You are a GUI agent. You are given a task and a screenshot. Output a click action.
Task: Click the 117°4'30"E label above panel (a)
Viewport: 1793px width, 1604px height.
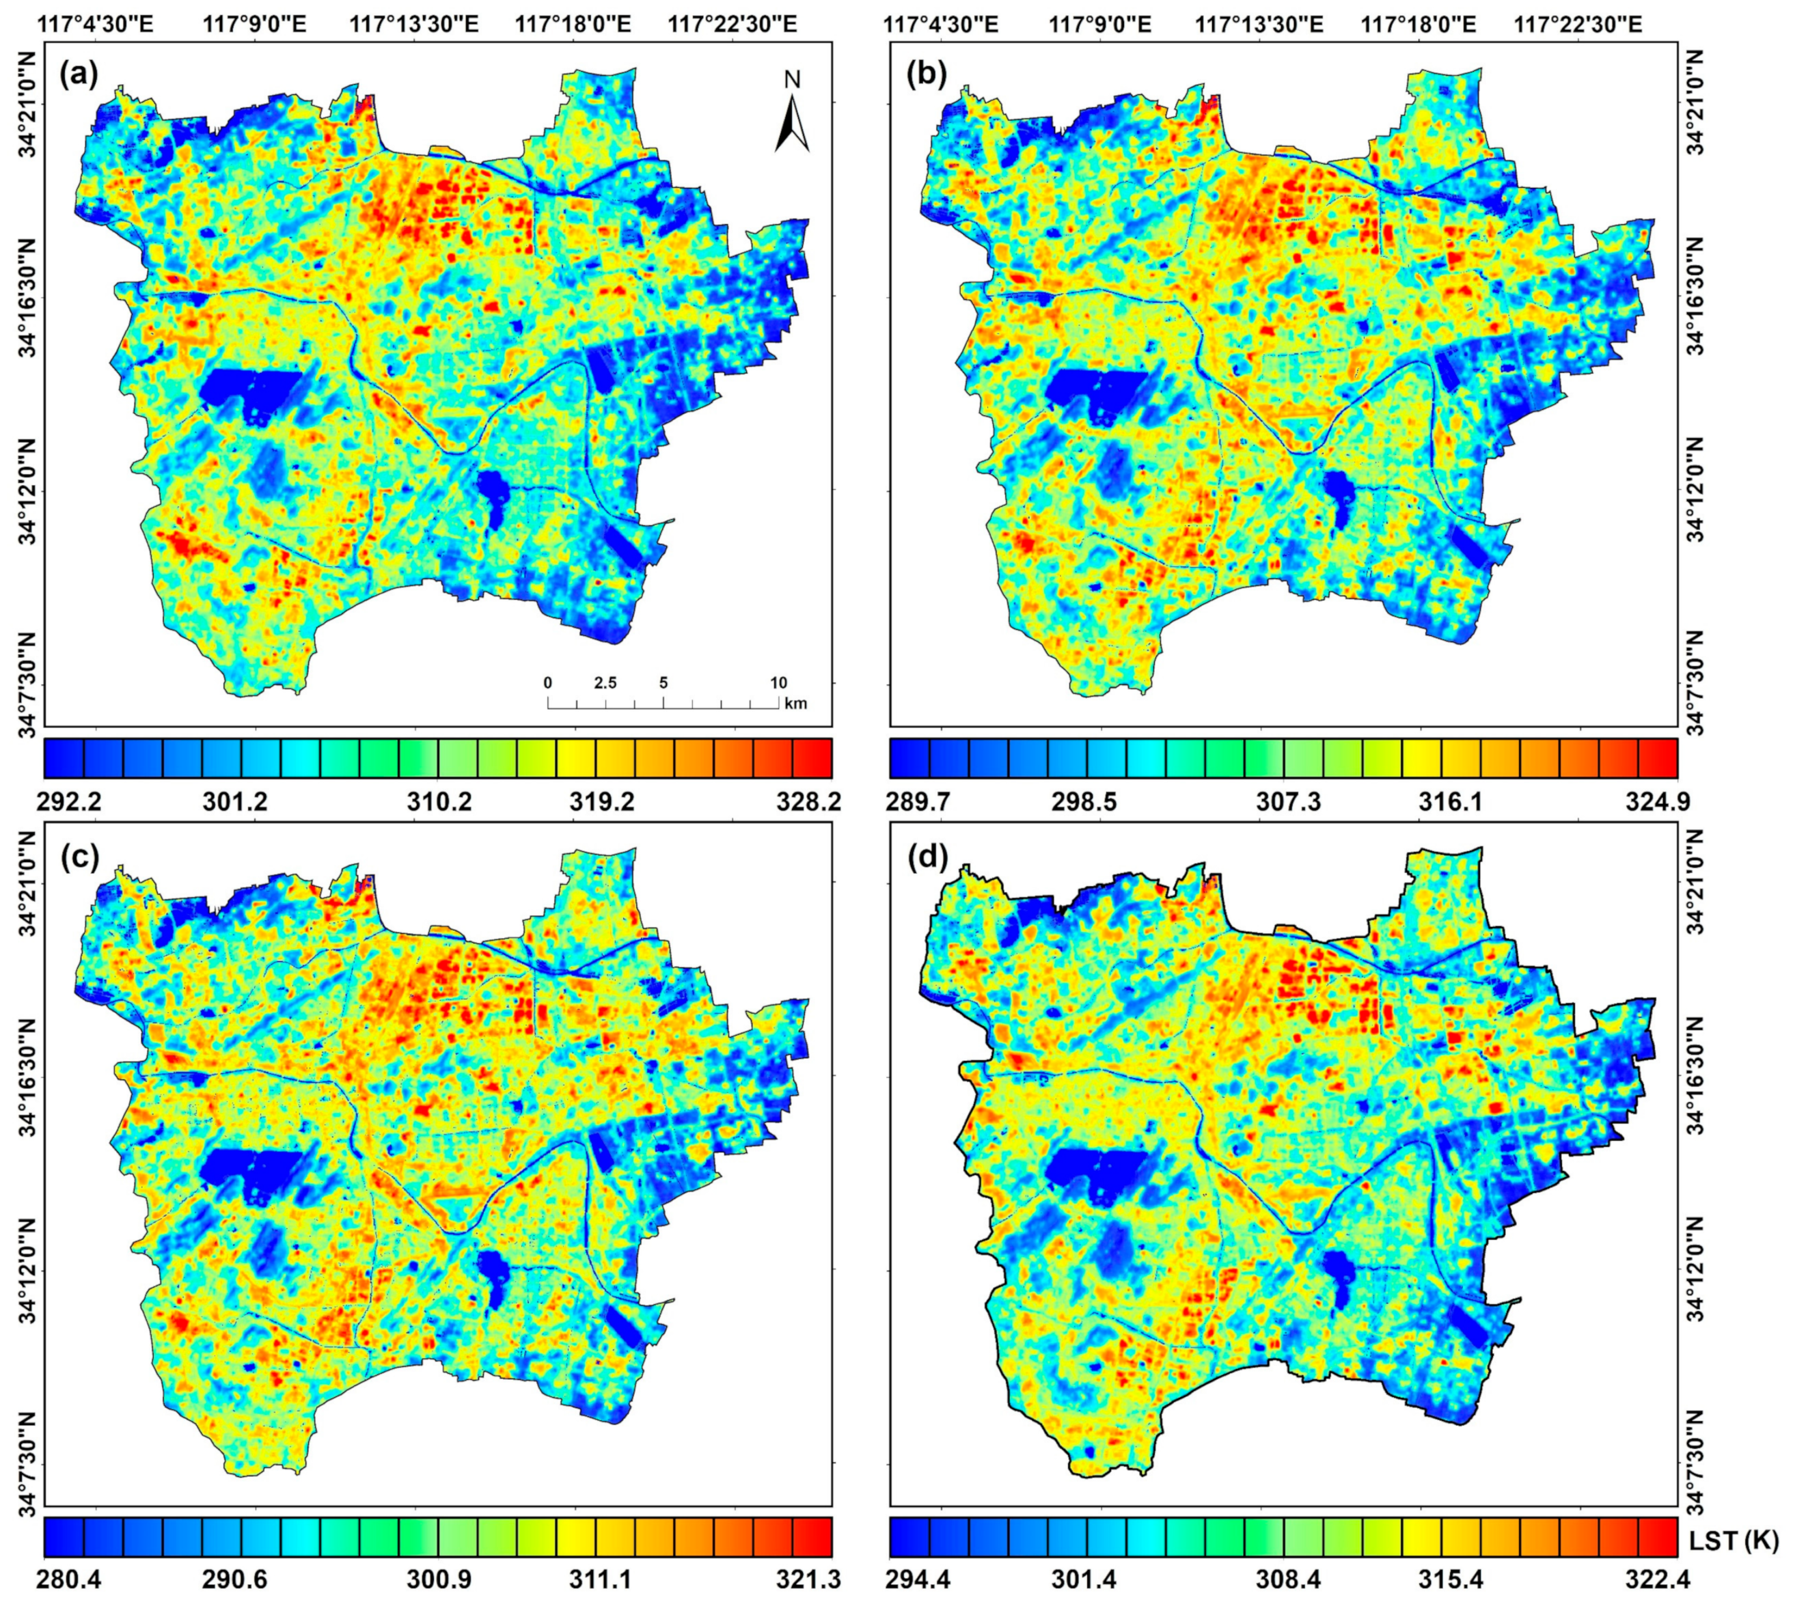[95, 24]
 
